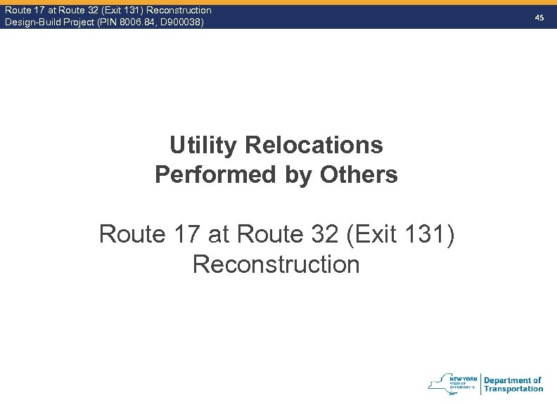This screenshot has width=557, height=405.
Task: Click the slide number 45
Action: point(539,16)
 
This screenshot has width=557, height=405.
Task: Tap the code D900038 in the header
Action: point(181,22)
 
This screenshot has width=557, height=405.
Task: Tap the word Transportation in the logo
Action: point(513,389)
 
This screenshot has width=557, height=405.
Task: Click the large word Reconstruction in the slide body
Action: point(276,264)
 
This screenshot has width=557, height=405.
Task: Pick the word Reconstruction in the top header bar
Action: point(179,10)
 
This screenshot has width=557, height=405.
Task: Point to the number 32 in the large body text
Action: point(324,234)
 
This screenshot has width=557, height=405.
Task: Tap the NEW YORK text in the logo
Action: point(468,378)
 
